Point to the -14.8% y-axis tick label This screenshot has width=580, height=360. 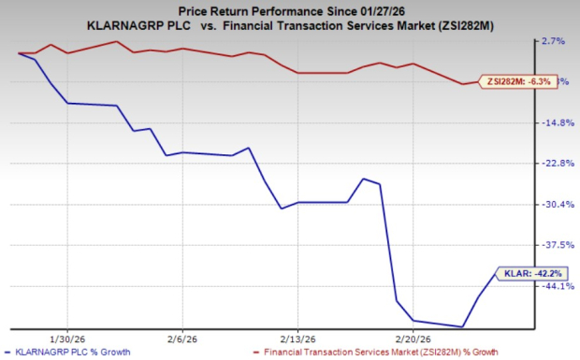(x=556, y=122)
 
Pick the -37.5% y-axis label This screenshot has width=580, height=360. (x=556, y=245)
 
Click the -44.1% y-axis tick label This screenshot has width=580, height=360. (x=556, y=286)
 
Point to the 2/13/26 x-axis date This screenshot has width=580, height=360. (x=296, y=338)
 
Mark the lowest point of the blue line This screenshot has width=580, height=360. (x=462, y=327)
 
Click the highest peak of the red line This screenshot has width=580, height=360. (x=115, y=42)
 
